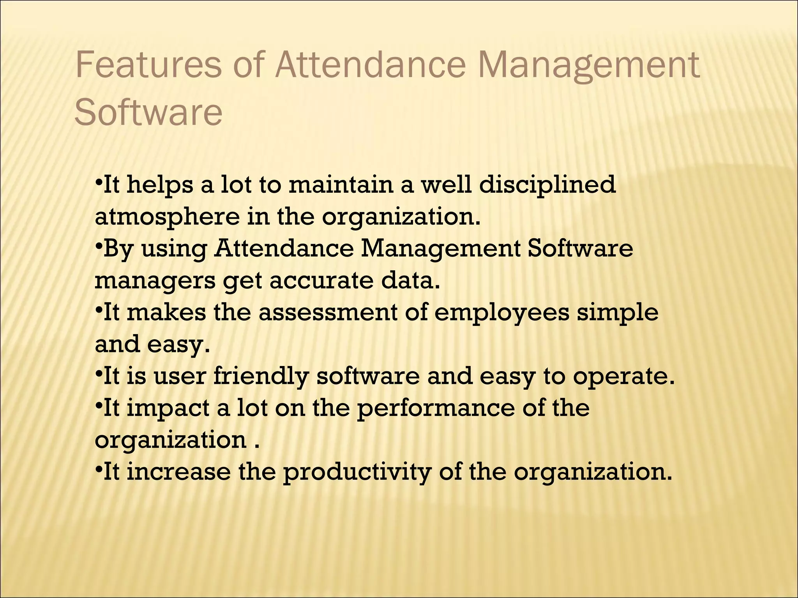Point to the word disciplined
pos(547,185)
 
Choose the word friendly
pos(261,377)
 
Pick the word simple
pos(618,313)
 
